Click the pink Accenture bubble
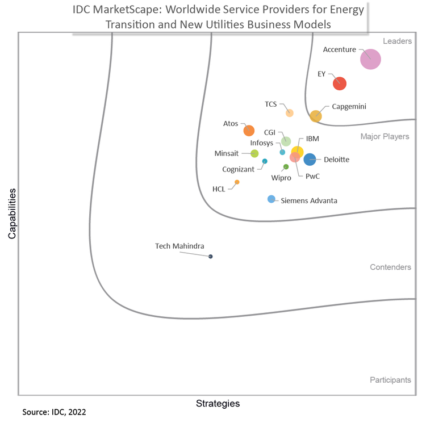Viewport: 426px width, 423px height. (x=371, y=59)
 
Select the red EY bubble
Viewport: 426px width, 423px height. (x=340, y=83)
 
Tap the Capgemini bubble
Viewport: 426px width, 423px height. (x=316, y=116)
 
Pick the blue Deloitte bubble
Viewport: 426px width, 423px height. (x=310, y=160)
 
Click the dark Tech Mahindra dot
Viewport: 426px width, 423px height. (x=211, y=257)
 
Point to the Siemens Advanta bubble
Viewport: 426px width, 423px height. (x=272, y=199)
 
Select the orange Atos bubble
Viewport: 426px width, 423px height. (x=249, y=131)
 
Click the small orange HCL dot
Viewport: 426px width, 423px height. (x=237, y=182)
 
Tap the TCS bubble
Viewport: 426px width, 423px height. (x=290, y=113)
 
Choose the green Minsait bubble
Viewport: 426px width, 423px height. (x=254, y=153)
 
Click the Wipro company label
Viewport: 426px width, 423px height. (x=281, y=178)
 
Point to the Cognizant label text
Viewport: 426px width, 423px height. (x=238, y=169)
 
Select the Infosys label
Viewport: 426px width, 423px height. (x=262, y=143)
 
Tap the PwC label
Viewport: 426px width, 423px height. (x=312, y=177)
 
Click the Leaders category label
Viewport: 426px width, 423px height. (x=398, y=41)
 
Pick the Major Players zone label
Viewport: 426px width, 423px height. (x=385, y=137)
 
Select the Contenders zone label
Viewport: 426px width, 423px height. (x=390, y=267)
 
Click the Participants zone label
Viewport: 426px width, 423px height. (x=390, y=380)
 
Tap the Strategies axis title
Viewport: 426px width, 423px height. (x=218, y=404)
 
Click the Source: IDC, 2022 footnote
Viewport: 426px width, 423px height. (x=55, y=411)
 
